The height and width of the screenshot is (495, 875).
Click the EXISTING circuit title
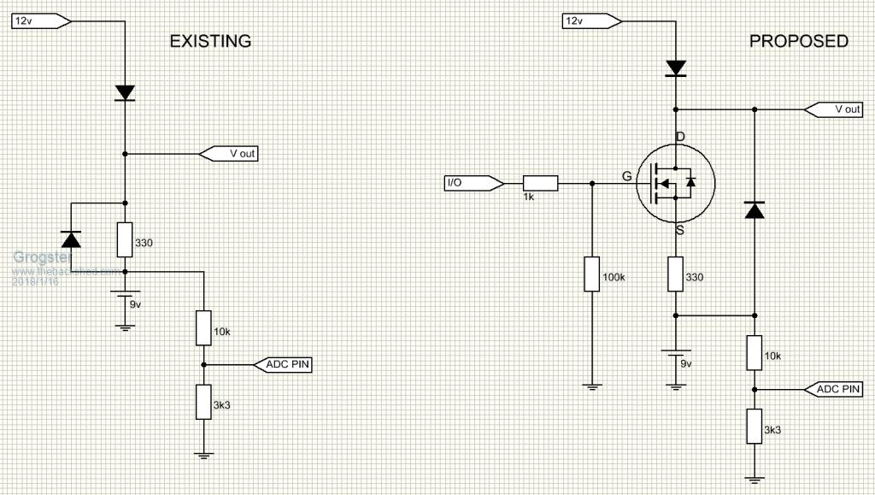tap(210, 41)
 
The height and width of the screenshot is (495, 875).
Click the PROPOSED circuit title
tap(798, 41)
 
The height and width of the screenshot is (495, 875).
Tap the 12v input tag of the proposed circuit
tap(583, 21)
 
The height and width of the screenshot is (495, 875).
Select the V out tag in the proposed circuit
tap(833, 109)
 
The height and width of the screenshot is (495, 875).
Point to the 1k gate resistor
tap(539, 182)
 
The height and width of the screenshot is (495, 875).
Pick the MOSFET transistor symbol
tap(674, 183)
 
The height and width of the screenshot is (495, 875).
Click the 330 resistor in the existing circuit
tap(125, 239)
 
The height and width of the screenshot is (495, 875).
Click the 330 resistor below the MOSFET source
tap(675, 274)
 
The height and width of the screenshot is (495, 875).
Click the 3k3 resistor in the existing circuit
tap(203, 401)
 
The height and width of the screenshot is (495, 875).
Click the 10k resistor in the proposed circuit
tap(755, 352)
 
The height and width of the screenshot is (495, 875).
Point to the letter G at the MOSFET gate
tap(627, 177)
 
